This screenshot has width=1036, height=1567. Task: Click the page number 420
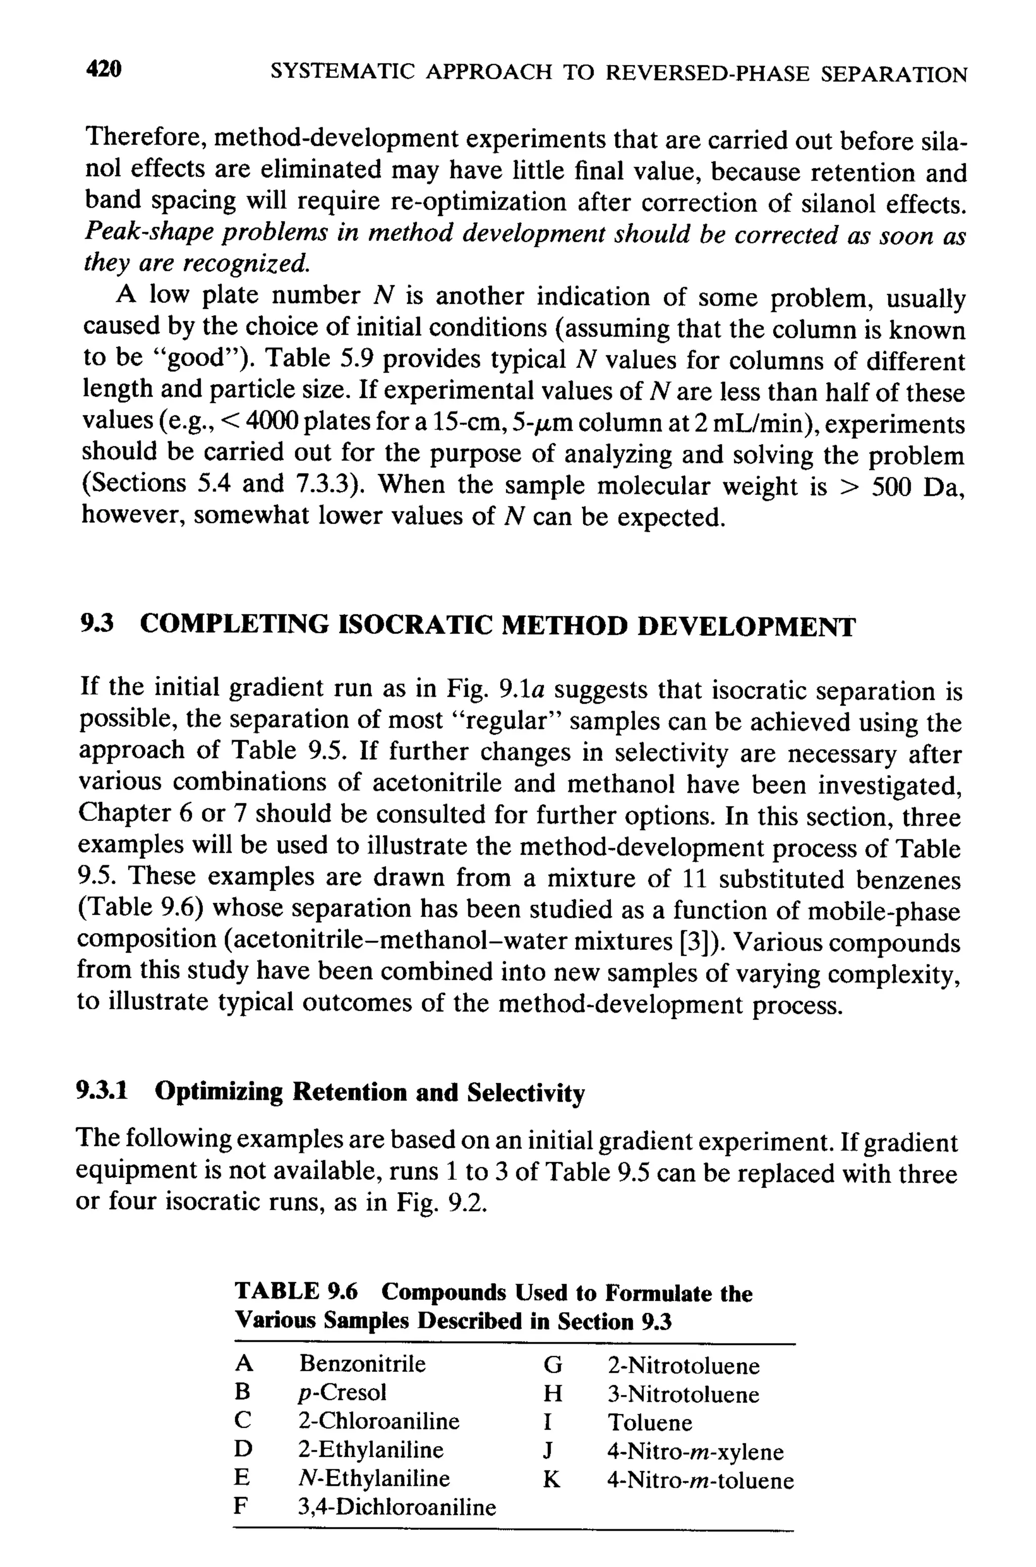click(x=104, y=69)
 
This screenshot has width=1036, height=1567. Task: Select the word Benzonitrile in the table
click(x=362, y=1364)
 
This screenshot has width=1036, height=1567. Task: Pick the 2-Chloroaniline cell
click(x=378, y=1420)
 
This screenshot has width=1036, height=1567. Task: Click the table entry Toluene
click(x=650, y=1422)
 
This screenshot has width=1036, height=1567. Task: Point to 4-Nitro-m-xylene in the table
click(x=695, y=1451)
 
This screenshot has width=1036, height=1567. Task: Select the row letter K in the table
click(x=551, y=1480)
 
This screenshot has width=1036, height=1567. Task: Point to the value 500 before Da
click(x=892, y=486)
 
